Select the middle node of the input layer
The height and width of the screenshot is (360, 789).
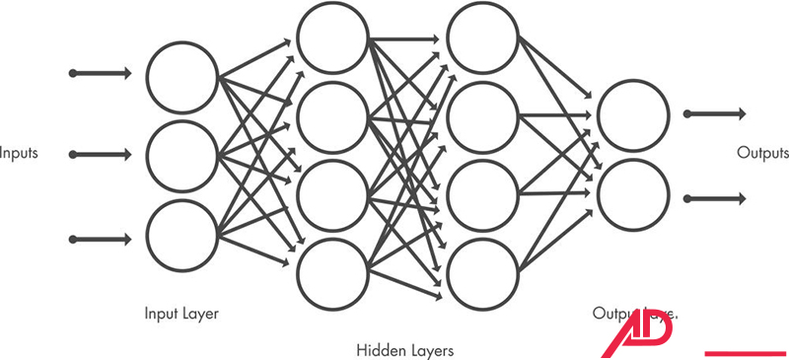(x=182, y=155)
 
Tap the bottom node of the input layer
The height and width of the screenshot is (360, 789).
(x=182, y=235)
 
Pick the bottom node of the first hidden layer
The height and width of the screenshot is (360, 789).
(x=332, y=273)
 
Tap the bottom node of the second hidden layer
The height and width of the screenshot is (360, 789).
(x=482, y=273)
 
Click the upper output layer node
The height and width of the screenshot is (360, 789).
(x=632, y=114)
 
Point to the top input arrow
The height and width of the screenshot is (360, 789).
(x=101, y=74)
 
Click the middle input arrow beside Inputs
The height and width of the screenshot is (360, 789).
(x=101, y=155)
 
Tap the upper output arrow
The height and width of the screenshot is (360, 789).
(x=715, y=114)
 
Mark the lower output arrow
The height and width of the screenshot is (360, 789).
(x=715, y=197)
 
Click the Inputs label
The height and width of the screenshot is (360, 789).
(x=19, y=154)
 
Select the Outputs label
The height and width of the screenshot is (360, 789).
(x=763, y=154)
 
